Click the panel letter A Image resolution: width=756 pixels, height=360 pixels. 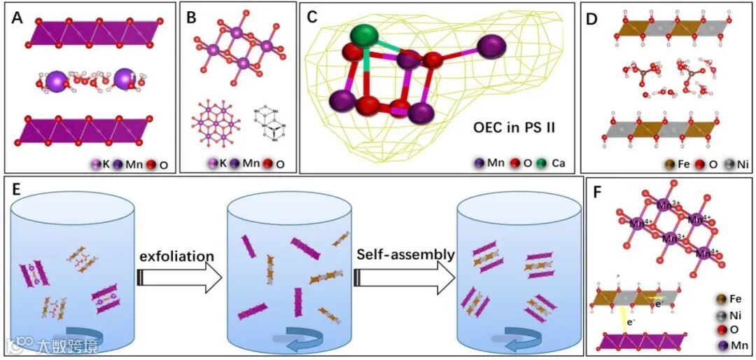tap(18, 17)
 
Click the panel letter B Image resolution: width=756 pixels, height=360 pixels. tap(192, 17)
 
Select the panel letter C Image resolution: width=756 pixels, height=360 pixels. tap(314, 17)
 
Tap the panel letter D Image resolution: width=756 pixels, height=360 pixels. tap(591, 17)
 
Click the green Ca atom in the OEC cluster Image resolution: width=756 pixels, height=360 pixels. tap(363, 36)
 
